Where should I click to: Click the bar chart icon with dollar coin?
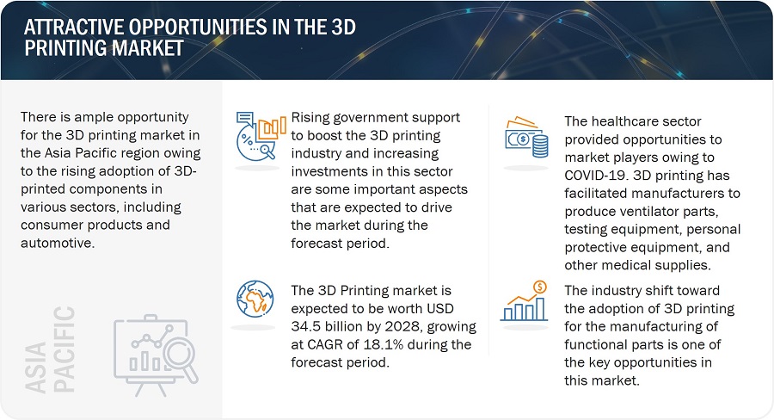[x=527, y=301]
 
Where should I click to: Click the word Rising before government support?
[x=314, y=117]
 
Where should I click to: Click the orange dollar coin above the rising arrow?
[x=539, y=286]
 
